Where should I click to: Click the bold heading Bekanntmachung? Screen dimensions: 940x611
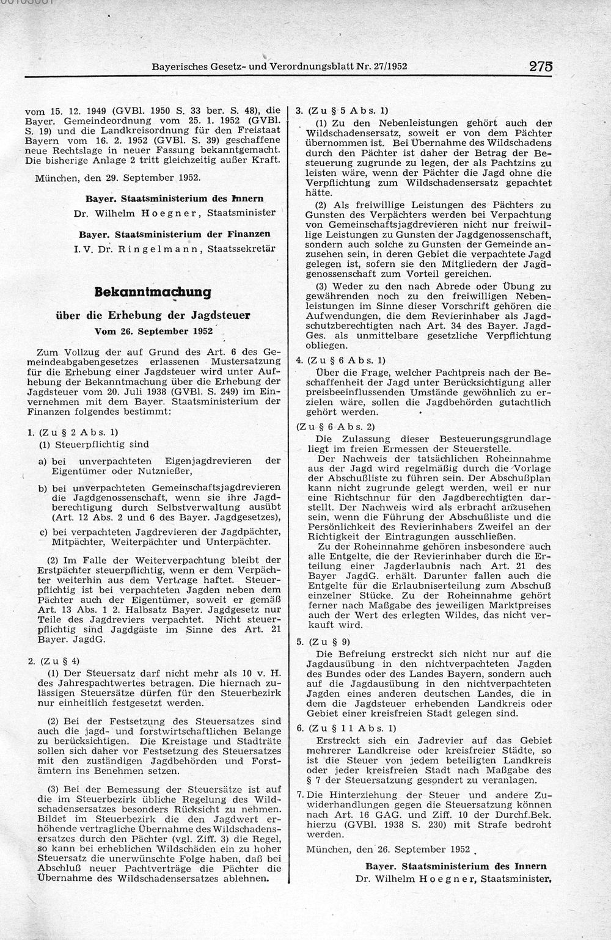(153, 292)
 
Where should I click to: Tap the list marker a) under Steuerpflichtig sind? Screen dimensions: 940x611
(43, 461)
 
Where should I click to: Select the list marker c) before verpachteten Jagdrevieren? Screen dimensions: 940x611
(43, 531)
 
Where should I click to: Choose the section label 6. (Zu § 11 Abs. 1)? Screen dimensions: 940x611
(345, 727)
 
